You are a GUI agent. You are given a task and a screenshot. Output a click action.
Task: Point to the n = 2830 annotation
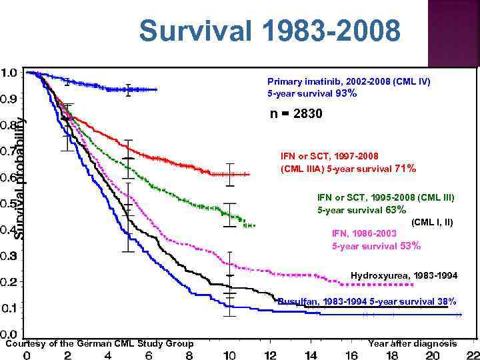tap(296, 115)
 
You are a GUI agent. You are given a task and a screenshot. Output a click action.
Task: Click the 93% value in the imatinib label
tap(346, 94)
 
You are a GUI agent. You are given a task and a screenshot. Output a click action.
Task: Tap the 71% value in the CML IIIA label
tap(405, 169)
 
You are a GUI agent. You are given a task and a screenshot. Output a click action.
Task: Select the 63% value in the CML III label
tap(395, 210)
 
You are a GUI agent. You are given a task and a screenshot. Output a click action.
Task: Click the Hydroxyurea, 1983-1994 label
tap(404, 275)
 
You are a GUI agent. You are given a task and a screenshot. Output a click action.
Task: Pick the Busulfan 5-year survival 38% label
tap(367, 301)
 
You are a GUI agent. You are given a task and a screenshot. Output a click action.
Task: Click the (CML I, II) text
tap(432, 222)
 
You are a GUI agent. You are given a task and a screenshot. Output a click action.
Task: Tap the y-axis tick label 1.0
tap(9, 72)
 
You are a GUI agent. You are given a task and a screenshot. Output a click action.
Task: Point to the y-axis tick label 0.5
tap(9, 203)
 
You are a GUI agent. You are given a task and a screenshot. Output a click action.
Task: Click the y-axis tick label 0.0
tap(9, 334)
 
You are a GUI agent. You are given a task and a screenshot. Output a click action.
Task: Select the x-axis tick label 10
tap(230, 355)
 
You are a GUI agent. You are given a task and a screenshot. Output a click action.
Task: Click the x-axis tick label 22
tap(472, 355)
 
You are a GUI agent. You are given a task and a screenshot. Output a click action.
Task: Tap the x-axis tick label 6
tap(149, 355)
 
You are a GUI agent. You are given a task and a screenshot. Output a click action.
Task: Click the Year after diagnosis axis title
tap(412, 343)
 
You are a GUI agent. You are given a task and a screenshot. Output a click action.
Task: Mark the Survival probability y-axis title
tap(20, 179)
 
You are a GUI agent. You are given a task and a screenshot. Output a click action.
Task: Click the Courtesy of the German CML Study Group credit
tap(99, 343)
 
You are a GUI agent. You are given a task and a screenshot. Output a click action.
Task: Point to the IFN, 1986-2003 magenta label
tap(364, 233)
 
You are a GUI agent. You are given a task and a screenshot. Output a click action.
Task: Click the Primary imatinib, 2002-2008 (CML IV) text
tap(349, 81)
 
